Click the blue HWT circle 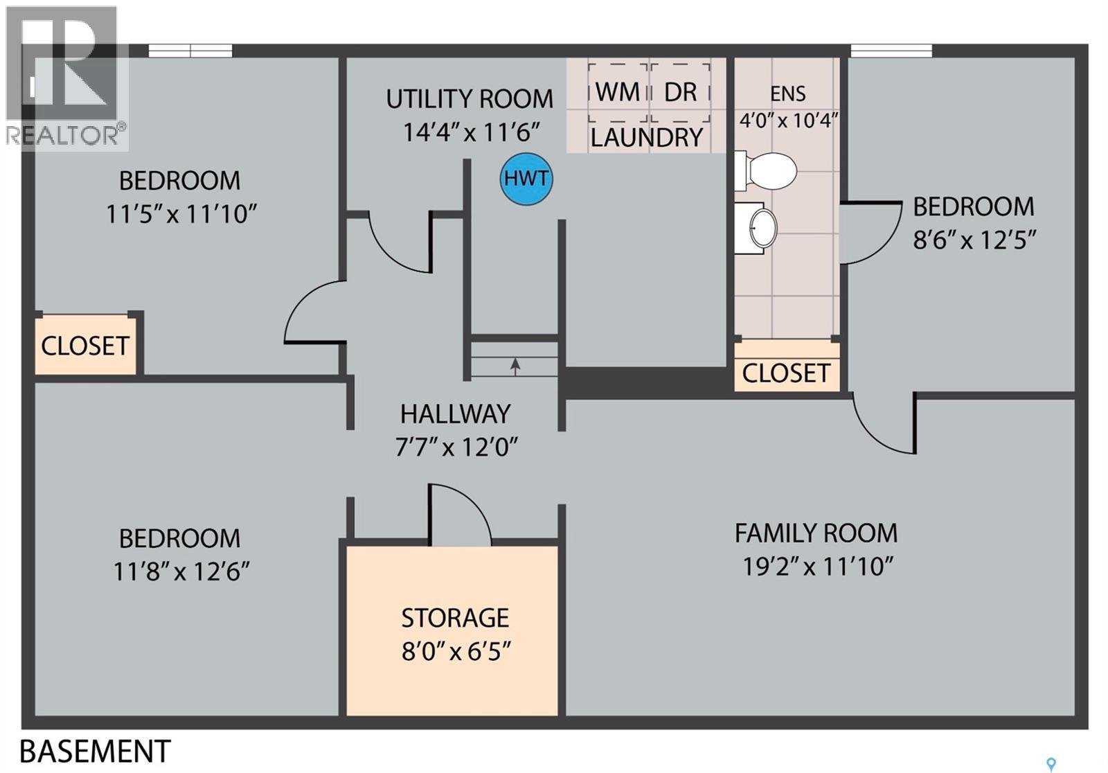[x=526, y=179]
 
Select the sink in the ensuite [x=756, y=228]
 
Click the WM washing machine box [x=618, y=92]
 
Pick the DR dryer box [x=681, y=92]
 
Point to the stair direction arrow [x=515, y=366]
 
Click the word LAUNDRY [x=647, y=138]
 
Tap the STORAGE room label [x=455, y=618]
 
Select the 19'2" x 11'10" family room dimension [x=818, y=567]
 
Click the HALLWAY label [x=455, y=414]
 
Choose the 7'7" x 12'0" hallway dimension [x=456, y=447]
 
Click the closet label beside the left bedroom [x=85, y=346]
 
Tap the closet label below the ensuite [x=786, y=373]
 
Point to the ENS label [x=788, y=94]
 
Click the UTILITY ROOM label [x=470, y=99]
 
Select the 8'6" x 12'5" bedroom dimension [x=974, y=240]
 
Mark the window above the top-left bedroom [x=190, y=51]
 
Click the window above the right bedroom [x=891, y=51]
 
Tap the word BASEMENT [x=95, y=751]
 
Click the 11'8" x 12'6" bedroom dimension [x=181, y=571]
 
